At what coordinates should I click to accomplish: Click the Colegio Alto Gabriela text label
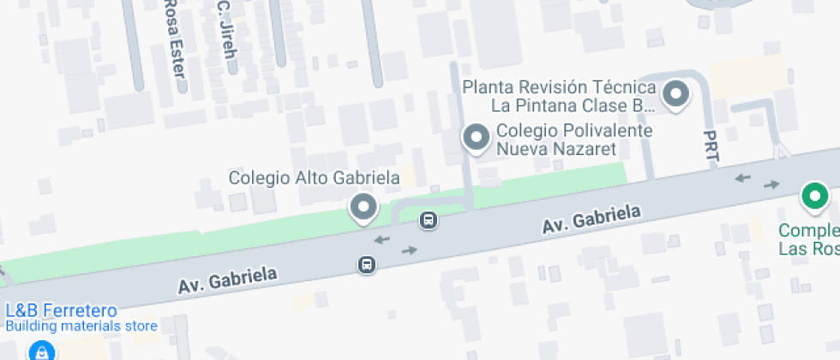(314, 177)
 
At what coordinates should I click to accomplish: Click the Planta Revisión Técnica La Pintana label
(559, 97)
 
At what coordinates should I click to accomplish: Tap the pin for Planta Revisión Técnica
(677, 93)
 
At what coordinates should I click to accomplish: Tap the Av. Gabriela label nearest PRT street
(591, 221)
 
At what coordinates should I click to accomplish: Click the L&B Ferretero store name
(61, 309)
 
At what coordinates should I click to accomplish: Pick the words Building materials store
(81, 326)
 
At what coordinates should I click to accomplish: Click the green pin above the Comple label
(813, 195)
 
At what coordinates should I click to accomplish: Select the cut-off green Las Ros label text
(808, 249)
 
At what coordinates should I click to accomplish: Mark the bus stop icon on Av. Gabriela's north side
(429, 220)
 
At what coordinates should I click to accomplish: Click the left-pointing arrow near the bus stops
(381, 239)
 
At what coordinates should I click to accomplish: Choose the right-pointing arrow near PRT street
(772, 184)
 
